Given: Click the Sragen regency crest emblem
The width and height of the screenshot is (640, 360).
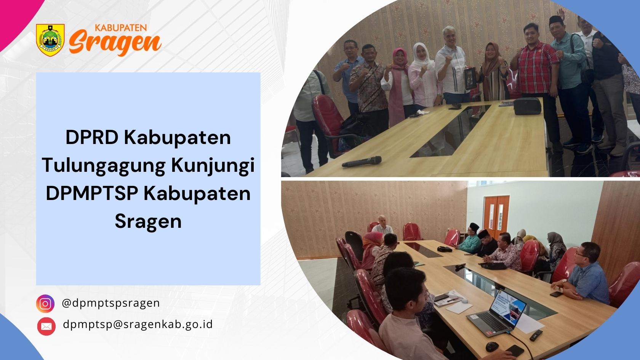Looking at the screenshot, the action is click(50, 40).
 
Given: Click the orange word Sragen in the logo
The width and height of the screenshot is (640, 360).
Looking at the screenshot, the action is click(115, 43).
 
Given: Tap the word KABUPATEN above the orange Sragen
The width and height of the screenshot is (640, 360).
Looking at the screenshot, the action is click(121, 28).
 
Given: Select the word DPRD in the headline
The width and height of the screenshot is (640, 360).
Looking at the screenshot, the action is click(92, 138).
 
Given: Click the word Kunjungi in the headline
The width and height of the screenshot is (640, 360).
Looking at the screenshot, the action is click(213, 166).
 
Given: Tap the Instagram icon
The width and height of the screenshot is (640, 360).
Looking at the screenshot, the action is click(45, 303).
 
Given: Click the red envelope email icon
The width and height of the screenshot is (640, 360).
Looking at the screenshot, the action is click(46, 326).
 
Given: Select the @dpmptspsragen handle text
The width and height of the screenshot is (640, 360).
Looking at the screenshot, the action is click(111, 303).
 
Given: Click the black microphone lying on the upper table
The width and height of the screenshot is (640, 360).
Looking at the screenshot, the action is click(362, 162).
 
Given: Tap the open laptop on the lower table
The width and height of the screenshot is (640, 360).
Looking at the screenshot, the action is click(497, 312).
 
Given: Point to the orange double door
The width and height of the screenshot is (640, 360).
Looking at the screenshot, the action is click(496, 213).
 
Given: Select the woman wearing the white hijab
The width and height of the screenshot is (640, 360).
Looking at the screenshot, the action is click(424, 77).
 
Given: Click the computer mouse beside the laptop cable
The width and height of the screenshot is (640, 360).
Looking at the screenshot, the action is click(492, 347).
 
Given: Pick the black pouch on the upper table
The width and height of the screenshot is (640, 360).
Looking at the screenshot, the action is click(527, 106).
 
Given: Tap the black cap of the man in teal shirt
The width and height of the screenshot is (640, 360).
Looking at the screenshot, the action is click(556, 20).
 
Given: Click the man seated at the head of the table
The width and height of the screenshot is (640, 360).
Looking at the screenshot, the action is click(382, 226).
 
